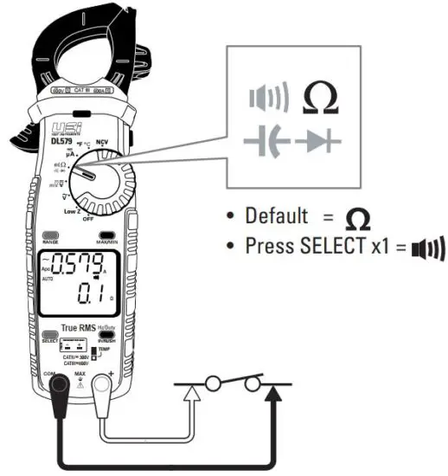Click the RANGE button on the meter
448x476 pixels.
click(x=49, y=235)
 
